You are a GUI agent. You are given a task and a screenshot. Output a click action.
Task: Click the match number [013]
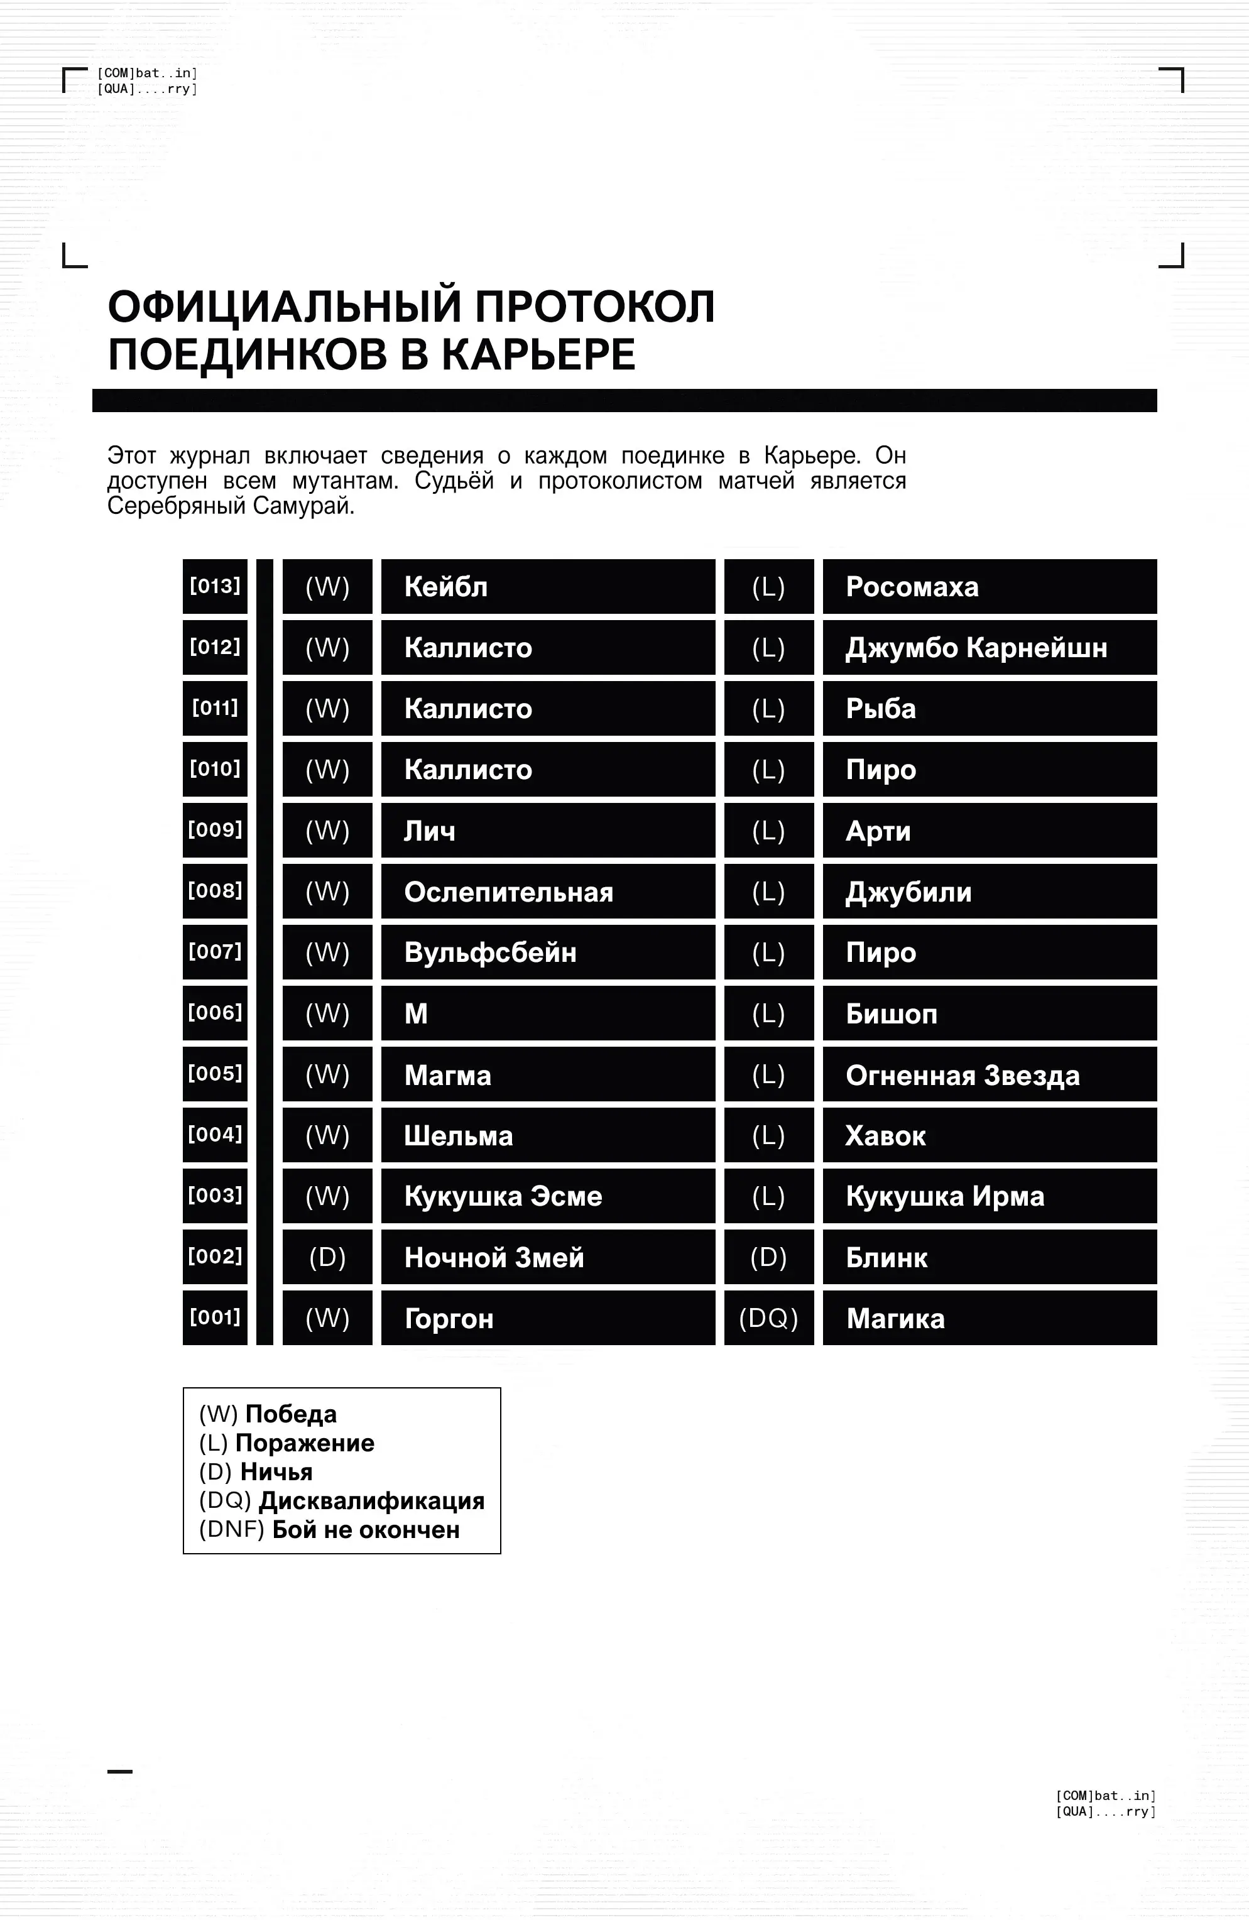[x=215, y=586]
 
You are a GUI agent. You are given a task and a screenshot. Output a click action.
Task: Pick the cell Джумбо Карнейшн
[x=976, y=648]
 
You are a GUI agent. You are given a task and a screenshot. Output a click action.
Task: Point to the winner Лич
[x=429, y=831]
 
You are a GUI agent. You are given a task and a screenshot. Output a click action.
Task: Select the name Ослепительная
[x=508, y=892]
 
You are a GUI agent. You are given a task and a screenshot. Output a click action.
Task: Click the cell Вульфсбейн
[x=490, y=952]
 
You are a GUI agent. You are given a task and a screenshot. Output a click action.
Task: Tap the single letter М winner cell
[x=417, y=1014]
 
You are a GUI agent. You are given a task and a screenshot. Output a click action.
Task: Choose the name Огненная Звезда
[x=962, y=1076]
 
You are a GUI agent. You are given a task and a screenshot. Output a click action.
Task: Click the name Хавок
[x=885, y=1136]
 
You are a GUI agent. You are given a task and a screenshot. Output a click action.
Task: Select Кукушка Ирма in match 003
[x=945, y=1196]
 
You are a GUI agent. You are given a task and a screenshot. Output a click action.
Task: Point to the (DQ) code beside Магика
[x=768, y=1318]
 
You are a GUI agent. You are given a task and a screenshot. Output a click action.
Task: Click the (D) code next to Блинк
[x=768, y=1257]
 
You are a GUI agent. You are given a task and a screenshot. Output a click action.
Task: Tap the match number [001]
[x=215, y=1317]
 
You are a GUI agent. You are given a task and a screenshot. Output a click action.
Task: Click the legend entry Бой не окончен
[x=366, y=1530]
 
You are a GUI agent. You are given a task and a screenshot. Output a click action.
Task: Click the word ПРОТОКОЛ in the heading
[x=594, y=307]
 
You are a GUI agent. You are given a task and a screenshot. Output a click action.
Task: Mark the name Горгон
[x=449, y=1319]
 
